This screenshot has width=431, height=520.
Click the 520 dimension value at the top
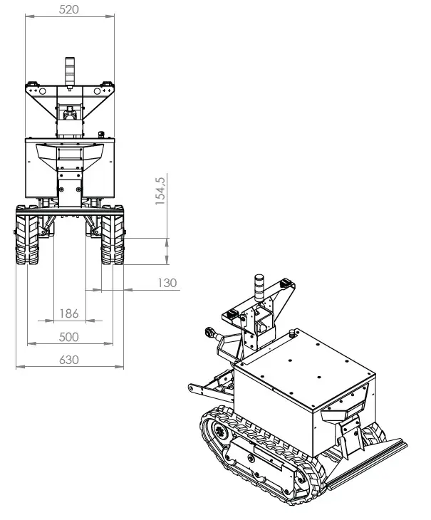69,9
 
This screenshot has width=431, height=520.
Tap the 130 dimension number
167,283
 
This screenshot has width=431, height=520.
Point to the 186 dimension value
68,313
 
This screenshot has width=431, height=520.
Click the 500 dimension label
68,336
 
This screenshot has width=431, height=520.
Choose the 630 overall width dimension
68,360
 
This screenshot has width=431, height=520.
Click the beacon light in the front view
70,71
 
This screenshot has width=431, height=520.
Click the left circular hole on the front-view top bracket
42,92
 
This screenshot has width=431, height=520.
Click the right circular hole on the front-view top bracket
98,92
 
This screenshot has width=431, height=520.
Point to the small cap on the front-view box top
101,132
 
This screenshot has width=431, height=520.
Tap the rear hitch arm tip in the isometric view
192,388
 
